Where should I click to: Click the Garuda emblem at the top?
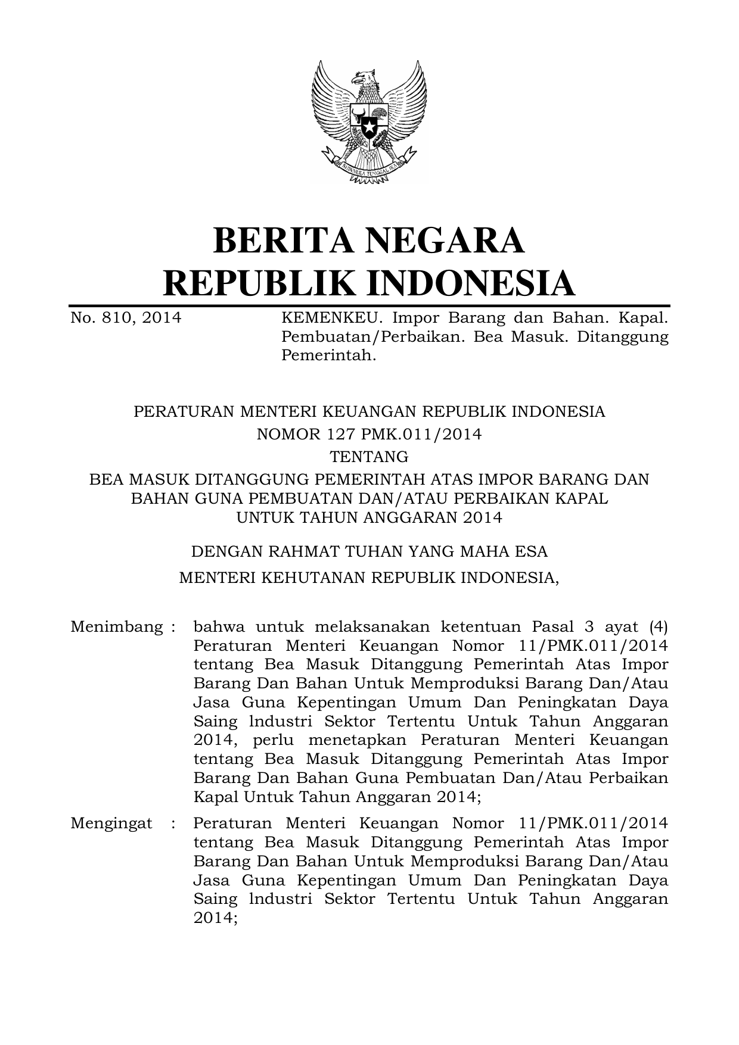369,122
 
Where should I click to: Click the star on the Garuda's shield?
369,127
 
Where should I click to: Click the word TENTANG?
369,457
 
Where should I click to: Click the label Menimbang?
117,627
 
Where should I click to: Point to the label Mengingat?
111,823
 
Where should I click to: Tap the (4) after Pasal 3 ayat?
658,627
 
